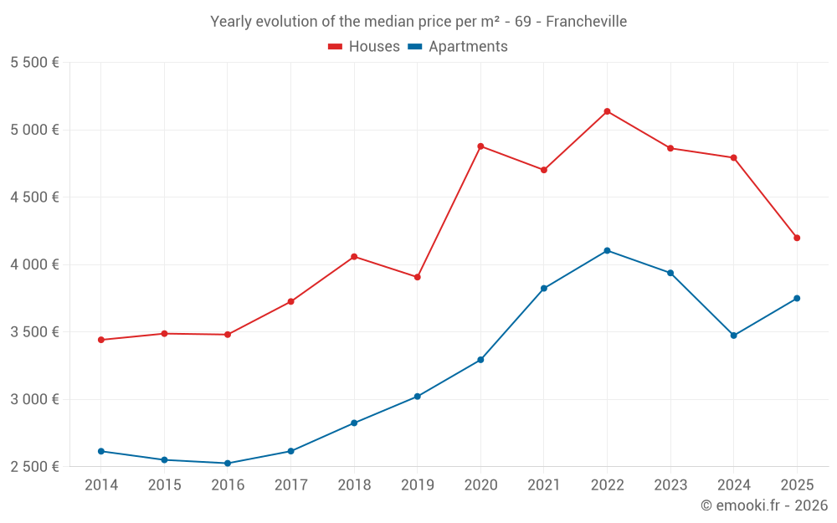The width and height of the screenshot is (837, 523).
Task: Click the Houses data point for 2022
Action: coord(607,111)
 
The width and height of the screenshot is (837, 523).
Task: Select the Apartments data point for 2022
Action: coord(607,251)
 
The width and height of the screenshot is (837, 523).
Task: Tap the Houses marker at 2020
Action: coord(480,146)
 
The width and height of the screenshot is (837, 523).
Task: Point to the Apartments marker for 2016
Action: coord(228,464)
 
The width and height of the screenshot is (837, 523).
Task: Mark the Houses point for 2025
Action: coord(797,238)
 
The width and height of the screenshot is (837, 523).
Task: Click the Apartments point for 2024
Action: coord(733,336)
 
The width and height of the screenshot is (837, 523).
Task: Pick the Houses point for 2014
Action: coord(101,340)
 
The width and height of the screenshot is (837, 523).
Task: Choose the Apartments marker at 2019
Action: coord(417,397)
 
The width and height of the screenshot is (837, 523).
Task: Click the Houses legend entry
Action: coord(364,47)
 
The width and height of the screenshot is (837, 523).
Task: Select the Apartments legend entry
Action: coord(459,47)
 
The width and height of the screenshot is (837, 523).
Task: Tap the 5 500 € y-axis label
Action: coord(34,63)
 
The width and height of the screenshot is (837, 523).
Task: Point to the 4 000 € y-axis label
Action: coord(34,264)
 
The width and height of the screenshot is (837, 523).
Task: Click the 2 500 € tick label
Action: coord(34,467)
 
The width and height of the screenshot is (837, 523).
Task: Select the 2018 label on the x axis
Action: coord(354,485)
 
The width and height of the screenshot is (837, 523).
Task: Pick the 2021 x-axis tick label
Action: coord(544,485)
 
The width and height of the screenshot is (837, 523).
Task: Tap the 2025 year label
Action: coord(797,485)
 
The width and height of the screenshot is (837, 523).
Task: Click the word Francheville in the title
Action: coord(586,21)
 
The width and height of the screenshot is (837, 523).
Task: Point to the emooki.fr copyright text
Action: coord(764,505)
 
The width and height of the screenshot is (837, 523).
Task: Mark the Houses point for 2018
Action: coord(354,256)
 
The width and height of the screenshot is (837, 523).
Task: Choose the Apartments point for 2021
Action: coord(544,289)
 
